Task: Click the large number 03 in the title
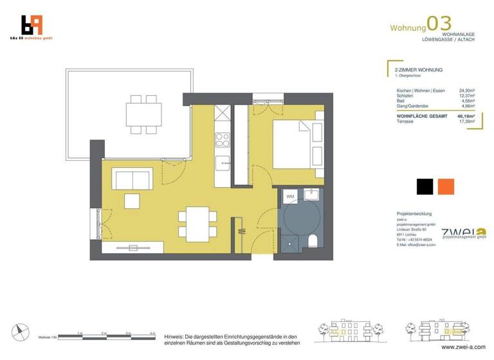click(439, 24)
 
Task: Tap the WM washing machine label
click(290, 196)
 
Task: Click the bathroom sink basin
click(313, 194)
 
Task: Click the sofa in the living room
click(133, 178)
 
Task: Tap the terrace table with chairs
click(142, 114)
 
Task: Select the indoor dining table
click(194, 222)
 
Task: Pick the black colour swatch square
click(425, 186)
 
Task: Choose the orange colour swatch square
click(446, 186)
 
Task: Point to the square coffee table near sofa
click(133, 201)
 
